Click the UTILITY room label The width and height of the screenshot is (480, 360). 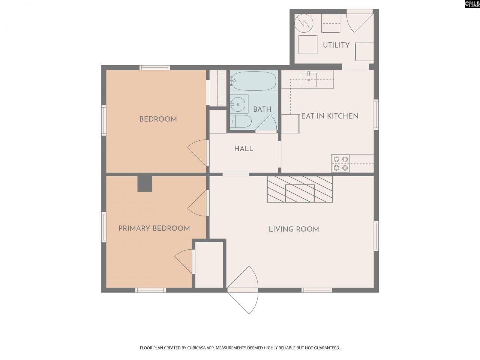pyautogui.click(x=336, y=45)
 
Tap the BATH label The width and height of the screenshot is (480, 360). pyautogui.click(x=262, y=109)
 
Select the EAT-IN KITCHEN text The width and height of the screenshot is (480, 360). pyautogui.click(x=330, y=116)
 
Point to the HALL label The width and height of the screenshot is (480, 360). pyautogui.click(x=244, y=149)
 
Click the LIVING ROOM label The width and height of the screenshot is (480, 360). pyautogui.click(x=294, y=229)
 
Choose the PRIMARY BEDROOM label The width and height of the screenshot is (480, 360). pyautogui.click(x=154, y=228)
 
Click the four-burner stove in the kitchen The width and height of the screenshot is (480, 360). pyautogui.click(x=340, y=163)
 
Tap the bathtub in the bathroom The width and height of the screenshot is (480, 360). pyautogui.click(x=253, y=81)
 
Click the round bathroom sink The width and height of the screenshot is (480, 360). pyautogui.click(x=238, y=104)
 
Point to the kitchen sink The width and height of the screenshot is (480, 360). pyautogui.click(x=308, y=79)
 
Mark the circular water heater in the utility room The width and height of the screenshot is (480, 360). pyautogui.click(x=303, y=23)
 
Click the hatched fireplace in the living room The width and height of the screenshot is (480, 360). pyautogui.click(x=300, y=189)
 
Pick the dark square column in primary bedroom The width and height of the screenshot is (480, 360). pyautogui.click(x=145, y=184)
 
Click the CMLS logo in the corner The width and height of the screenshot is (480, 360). pyautogui.click(x=472, y=4)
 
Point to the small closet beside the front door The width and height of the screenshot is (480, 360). pyautogui.click(x=209, y=265)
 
